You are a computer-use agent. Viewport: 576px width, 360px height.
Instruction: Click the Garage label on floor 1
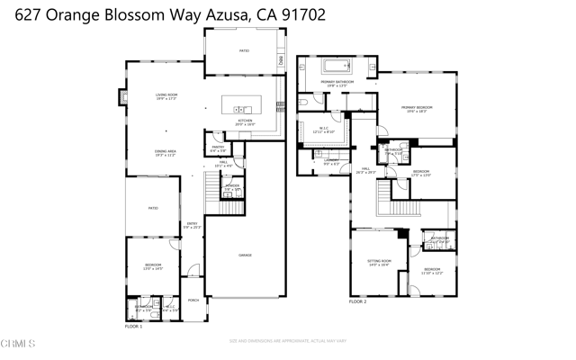point(245,256)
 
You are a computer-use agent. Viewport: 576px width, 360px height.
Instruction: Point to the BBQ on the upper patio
point(281,60)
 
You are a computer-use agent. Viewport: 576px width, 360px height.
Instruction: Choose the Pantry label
point(218,148)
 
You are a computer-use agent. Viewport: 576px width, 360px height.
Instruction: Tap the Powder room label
point(232,188)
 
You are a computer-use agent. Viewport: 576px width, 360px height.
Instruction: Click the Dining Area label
point(165,153)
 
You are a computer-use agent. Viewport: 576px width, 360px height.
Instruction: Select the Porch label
point(193,301)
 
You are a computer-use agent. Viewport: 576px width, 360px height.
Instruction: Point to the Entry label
point(192,225)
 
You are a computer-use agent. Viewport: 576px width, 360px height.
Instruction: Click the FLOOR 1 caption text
point(134,326)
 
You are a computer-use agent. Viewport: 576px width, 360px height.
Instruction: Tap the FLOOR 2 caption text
point(358,302)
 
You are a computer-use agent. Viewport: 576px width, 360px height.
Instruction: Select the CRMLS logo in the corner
point(19,344)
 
